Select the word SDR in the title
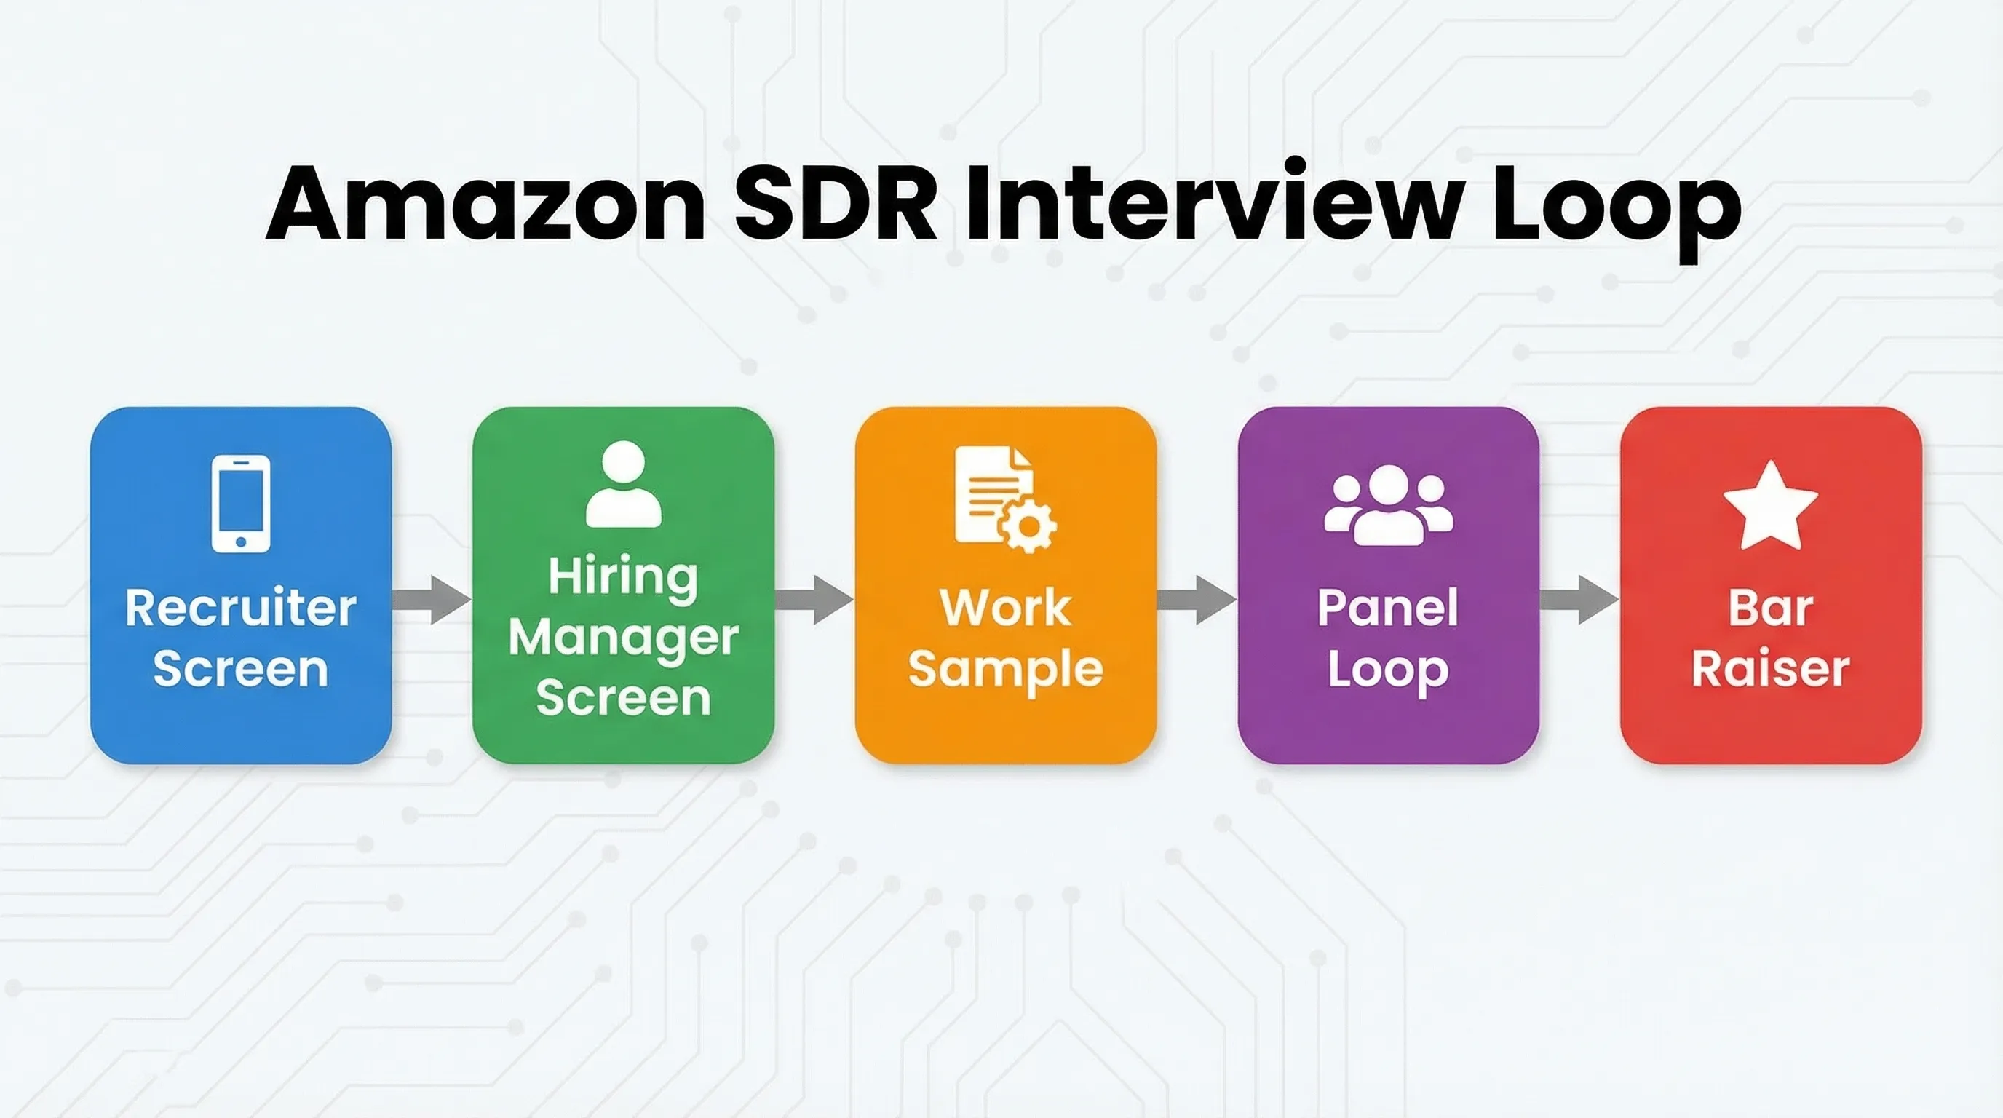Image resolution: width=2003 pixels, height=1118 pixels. click(x=836, y=204)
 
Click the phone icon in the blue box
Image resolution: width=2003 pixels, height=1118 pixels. click(x=241, y=504)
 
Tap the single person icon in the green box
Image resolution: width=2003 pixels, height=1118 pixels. click(x=624, y=485)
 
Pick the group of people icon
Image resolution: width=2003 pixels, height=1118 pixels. click(x=1389, y=505)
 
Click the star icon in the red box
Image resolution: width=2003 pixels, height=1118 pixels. click(x=1771, y=507)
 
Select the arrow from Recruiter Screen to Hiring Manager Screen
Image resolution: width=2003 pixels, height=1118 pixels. click(x=432, y=600)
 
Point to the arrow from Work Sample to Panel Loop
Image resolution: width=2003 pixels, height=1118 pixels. click(x=1197, y=600)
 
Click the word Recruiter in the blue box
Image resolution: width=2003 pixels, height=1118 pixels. click(x=241, y=608)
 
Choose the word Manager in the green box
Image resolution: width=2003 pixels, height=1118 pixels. click(x=624, y=639)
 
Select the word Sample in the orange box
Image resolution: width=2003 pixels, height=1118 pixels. click(x=1006, y=670)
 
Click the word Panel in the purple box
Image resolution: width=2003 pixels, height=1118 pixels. click(x=1388, y=608)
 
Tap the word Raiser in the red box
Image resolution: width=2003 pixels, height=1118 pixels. click(x=1771, y=669)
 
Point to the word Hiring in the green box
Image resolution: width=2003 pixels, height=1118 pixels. click(x=624, y=578)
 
